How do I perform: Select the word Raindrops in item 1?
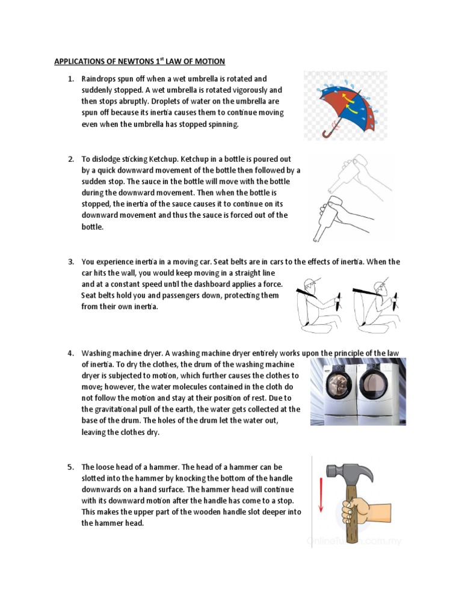(x=101, y=79)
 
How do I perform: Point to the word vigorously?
(x=234, y=90)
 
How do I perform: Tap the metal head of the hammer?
(x=349, y=473)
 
